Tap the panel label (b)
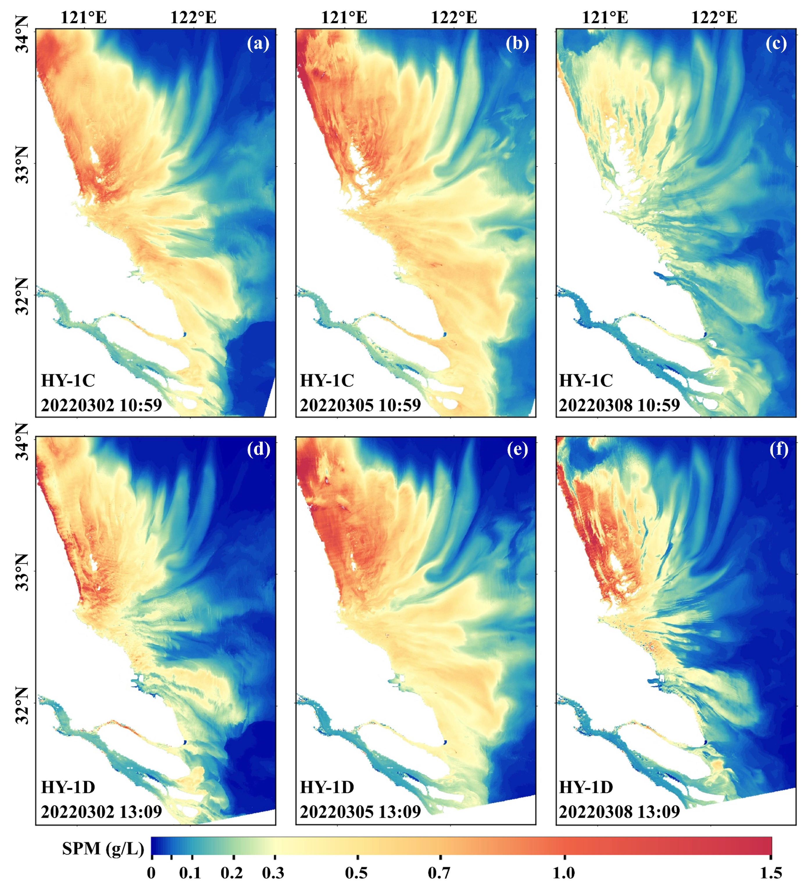[517, 44]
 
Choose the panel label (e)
[517, 450]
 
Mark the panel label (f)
[779, 450]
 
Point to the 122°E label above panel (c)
[714, 18]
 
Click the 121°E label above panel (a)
[84, 18]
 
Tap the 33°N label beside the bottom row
[22, 572]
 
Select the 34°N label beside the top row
[22, 34]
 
